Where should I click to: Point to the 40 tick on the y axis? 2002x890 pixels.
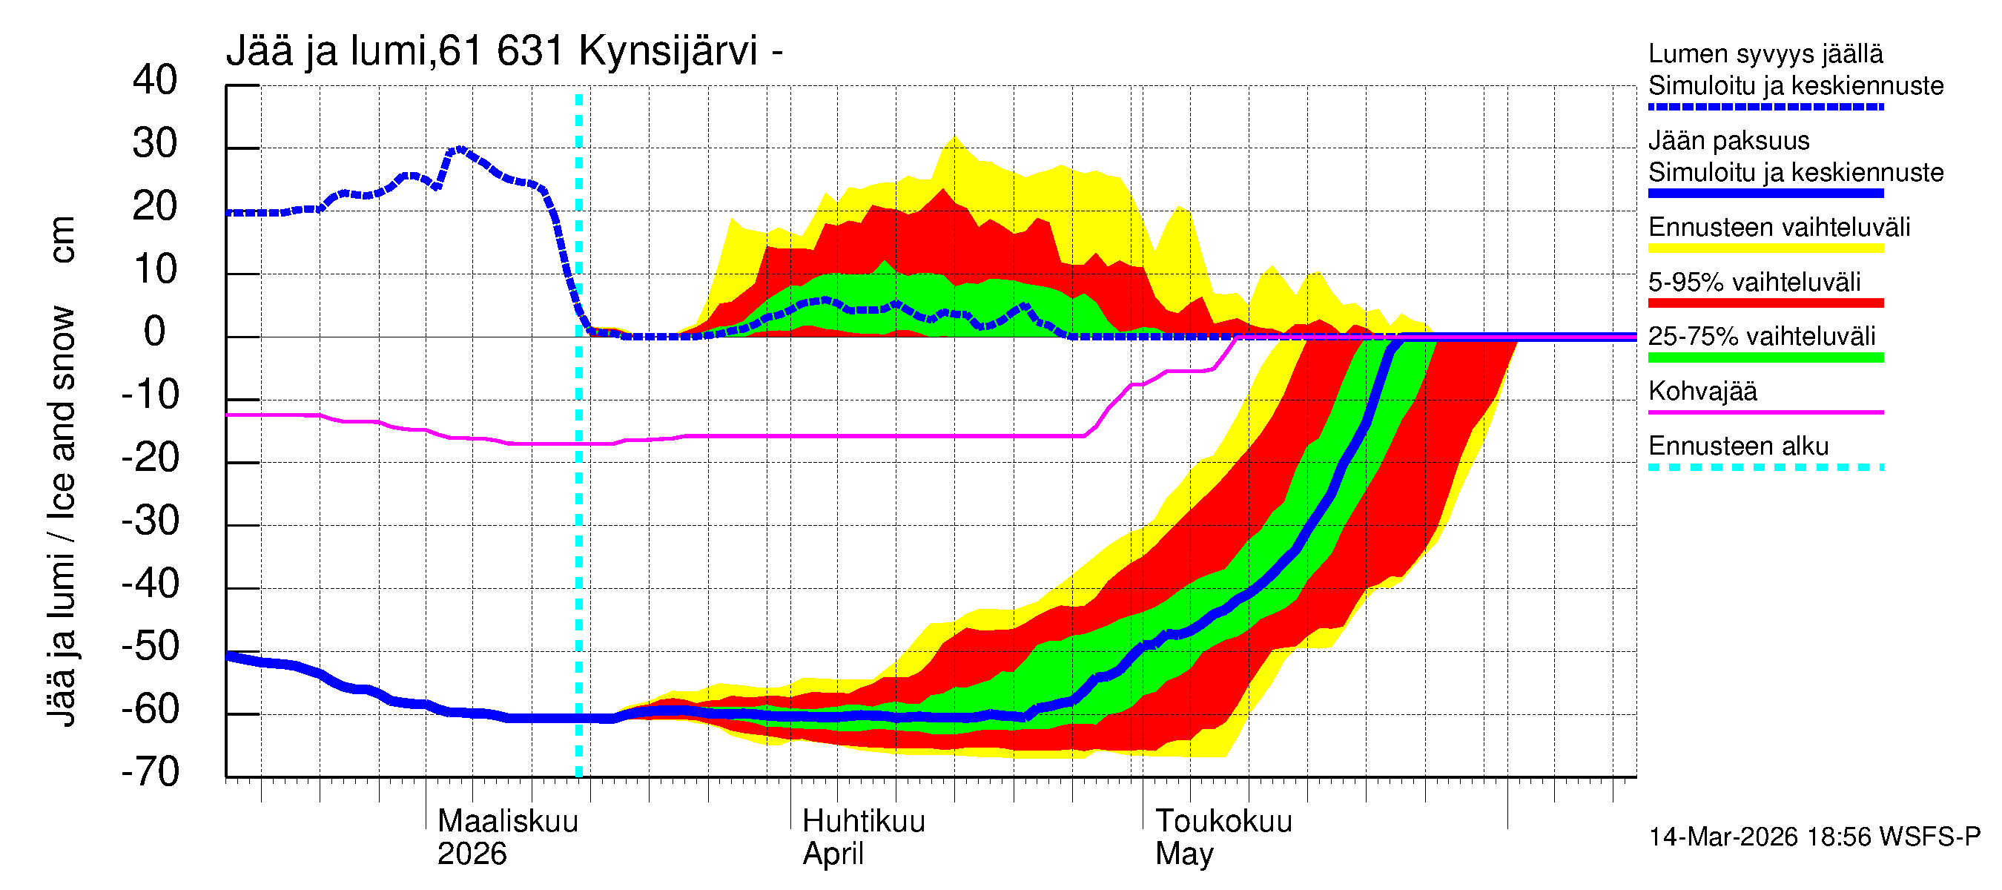[155, 80]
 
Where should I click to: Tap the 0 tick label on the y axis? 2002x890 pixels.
[155, 332]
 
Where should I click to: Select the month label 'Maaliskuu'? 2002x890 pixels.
[507, 821]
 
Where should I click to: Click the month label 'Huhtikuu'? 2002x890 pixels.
[863, 821]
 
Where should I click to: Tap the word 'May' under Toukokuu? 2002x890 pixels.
[1183, 854]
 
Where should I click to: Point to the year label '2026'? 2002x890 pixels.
[472, 854]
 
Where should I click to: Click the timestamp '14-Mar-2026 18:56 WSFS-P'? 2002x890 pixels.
[1814, 837]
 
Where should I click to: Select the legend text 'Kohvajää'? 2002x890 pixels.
[1702, 391]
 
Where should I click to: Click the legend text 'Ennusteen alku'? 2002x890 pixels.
[1738, 446]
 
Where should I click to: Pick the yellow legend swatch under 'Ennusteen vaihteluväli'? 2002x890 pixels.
[1765, 248]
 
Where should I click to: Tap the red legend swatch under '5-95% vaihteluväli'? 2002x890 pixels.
[1765, 303]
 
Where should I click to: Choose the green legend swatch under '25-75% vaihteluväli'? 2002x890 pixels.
[1765, 357]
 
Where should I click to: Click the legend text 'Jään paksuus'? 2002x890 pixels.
[1728, 141]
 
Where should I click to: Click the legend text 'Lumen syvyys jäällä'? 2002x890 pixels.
[1765, 53]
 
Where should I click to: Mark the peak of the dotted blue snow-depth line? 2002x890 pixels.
[459, 148]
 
